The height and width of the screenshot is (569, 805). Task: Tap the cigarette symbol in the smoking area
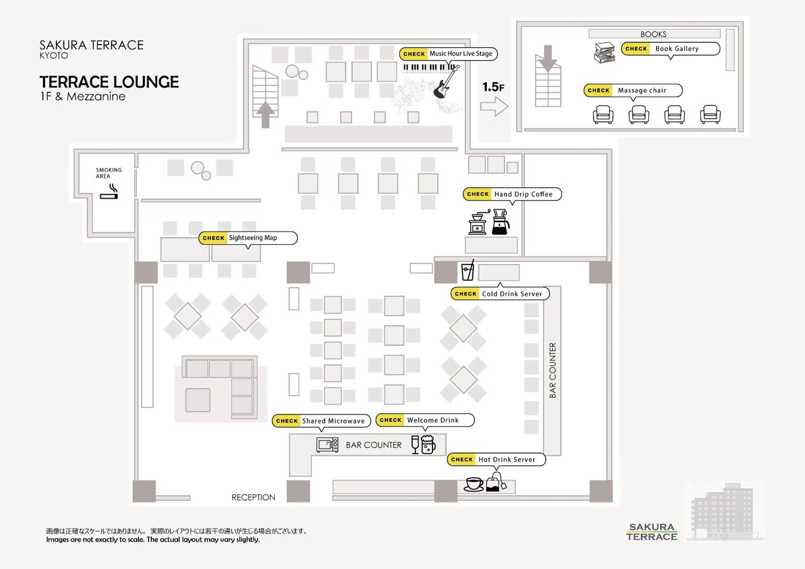point(109,193)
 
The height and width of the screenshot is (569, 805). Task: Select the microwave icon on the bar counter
point(327,445)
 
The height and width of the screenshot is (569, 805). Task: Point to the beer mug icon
point(428,445)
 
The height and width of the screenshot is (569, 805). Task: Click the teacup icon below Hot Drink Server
point(474,485)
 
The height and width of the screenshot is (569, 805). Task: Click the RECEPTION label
point(253,497)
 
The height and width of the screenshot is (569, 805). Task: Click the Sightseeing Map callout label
point(248,238)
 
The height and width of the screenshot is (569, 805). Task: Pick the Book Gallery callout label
point(670,49)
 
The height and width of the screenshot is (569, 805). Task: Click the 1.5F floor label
point(493,87)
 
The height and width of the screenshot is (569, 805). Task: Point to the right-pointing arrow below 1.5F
point(494,106)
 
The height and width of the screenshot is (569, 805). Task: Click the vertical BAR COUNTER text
point(553,370)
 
